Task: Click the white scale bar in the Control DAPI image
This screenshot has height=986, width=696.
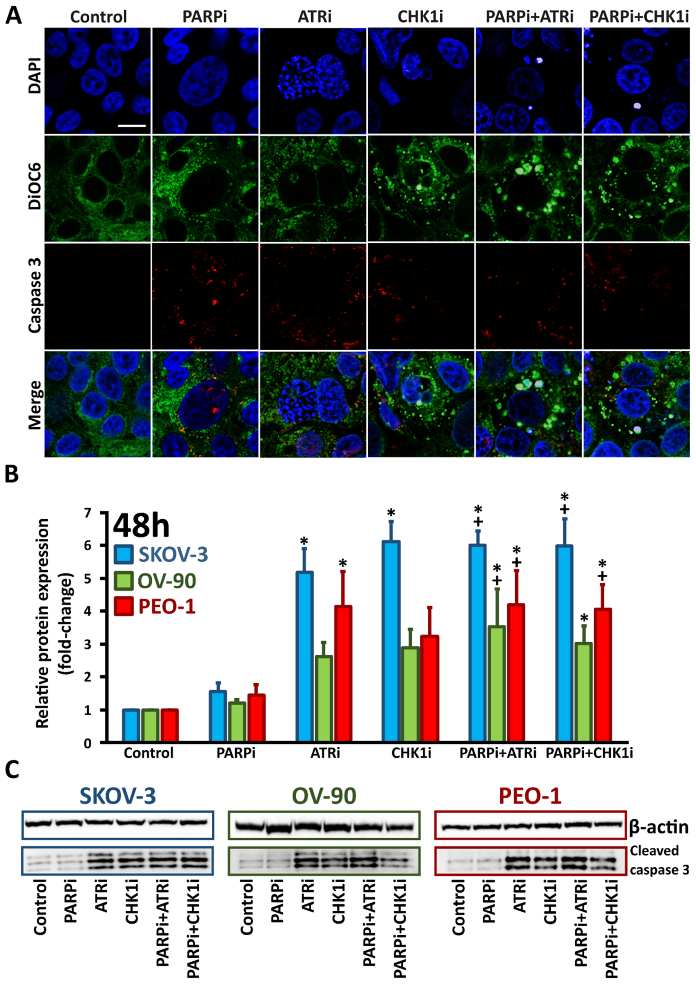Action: click(132, 126)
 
